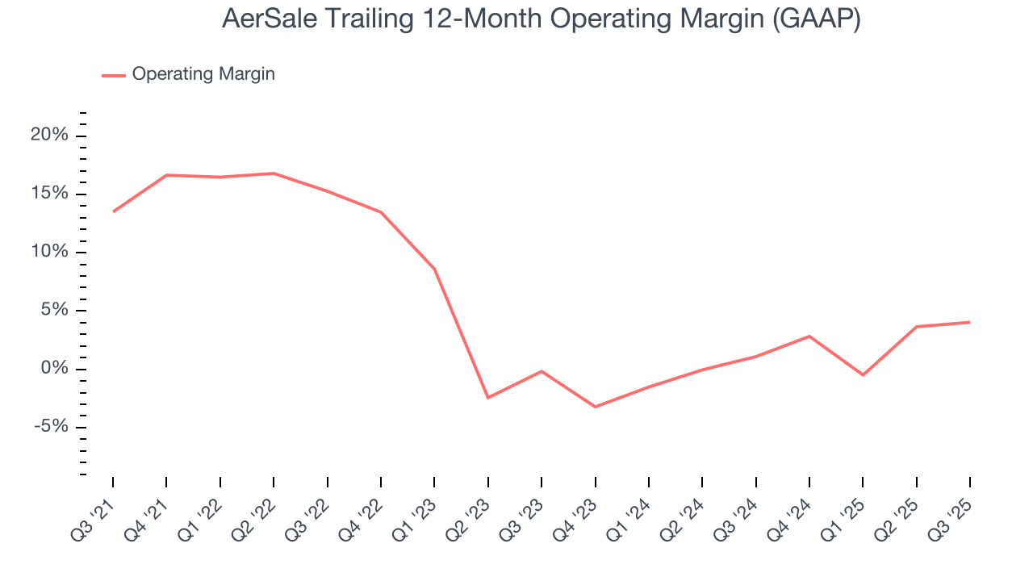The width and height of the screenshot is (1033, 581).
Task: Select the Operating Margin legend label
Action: coord(203,74)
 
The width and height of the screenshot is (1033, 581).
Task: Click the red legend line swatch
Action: coord(114,75)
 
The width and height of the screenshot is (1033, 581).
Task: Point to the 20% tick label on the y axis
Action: coord(49,136)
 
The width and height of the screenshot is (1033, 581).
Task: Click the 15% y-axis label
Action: coord(49,194)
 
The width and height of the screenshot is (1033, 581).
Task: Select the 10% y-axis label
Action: coord(49,252)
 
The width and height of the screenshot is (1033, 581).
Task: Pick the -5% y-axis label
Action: coord(51,427)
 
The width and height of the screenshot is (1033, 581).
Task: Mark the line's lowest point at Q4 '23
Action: coord(595,407)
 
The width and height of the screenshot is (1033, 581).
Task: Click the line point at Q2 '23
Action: coord(488,398)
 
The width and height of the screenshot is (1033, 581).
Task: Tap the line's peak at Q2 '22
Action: coord(274,173)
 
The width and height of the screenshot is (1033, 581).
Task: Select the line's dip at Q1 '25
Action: coord(863,375)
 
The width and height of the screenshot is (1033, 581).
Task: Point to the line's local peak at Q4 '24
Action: coord(809,336)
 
